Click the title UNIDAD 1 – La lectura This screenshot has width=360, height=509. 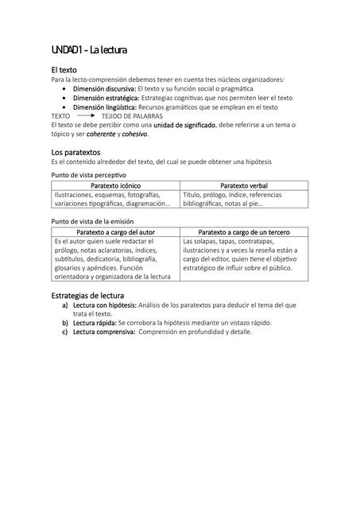tap(89, 51)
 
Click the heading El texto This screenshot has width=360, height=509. tap(64, 70)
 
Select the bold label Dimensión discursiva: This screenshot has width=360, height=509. tap(105, 88)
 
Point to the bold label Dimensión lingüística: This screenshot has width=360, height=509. tap(105, 107)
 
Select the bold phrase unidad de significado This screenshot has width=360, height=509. tap(184, 125)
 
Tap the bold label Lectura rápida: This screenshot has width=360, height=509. tap(95, 323)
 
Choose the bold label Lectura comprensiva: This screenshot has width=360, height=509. tap(104, 332)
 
